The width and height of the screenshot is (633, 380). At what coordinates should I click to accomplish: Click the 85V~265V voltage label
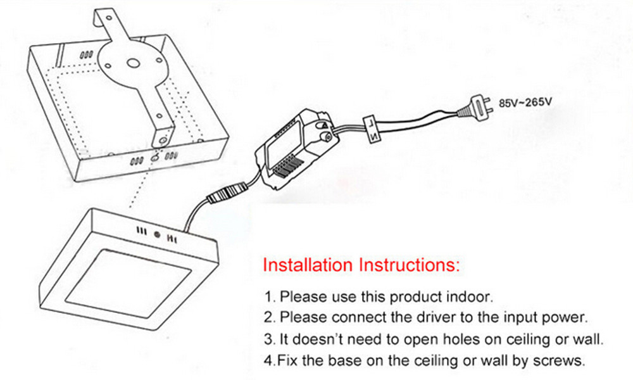point(525,102)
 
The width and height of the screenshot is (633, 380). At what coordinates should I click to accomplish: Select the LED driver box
point(294,148)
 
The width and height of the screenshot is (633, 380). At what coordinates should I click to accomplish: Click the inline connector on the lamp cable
point(227,191)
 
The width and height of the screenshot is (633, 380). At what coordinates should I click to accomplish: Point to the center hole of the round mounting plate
point(133,63)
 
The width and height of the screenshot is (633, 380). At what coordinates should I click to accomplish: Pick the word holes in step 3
point(462,339)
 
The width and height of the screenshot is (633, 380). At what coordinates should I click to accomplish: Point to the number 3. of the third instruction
point(270,339)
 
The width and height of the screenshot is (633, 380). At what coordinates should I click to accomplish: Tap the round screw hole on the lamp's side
point(158,234)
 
